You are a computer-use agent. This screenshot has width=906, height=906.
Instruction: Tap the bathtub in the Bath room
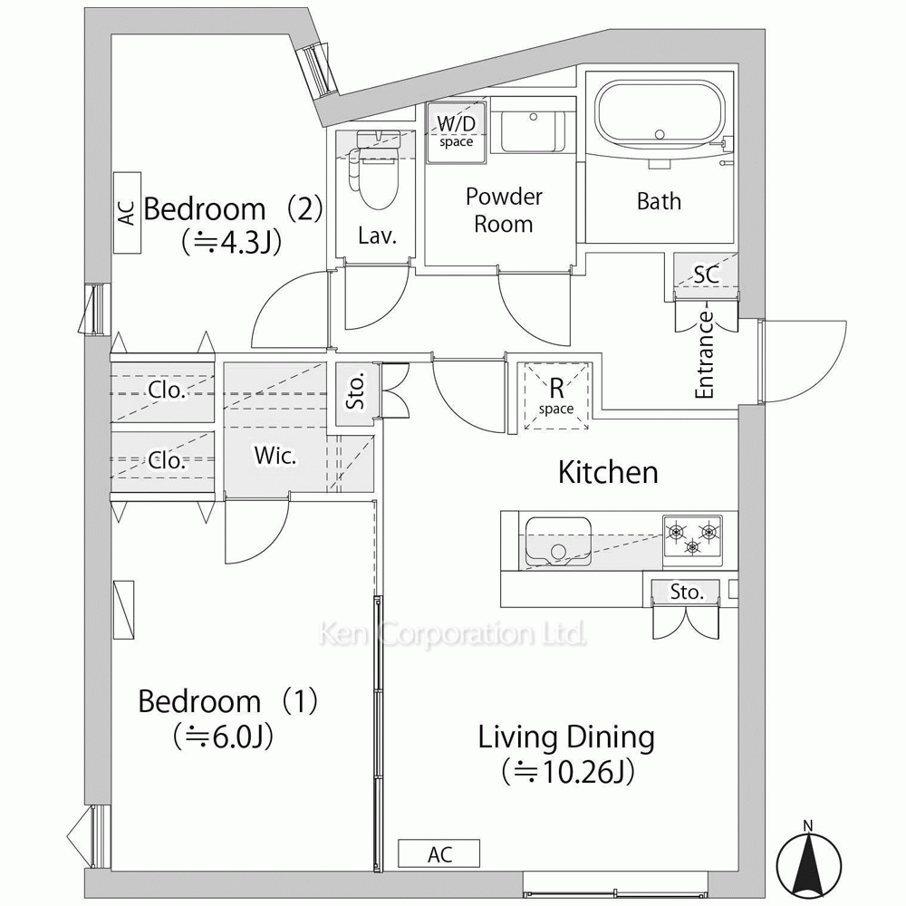tap(660, 119)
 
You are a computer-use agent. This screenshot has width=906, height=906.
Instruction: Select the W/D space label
tap(456, 130)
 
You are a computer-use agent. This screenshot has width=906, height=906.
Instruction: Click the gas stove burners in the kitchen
tap(692, 536)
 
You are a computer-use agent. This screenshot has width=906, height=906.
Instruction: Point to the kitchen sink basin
tap(557, 542)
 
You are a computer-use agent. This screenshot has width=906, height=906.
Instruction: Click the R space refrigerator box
tap(556, 396)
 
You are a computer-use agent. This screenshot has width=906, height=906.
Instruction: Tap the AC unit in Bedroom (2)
tap(127, 213)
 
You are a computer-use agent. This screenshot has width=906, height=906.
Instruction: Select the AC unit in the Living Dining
tap(439, 853)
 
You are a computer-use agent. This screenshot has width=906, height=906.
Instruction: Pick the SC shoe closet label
tap(706, 275)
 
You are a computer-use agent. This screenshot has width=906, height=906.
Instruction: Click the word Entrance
tap(704, 355)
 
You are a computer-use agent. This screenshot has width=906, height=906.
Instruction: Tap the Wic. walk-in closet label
tap(275, 456)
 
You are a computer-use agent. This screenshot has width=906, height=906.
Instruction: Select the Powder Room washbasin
tap(533, 131)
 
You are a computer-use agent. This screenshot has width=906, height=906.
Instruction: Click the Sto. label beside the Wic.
tap(355, 390)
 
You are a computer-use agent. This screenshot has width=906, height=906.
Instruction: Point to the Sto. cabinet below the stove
tap(687, 592)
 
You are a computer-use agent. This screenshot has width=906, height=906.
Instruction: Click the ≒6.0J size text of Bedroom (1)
tap(223, 737)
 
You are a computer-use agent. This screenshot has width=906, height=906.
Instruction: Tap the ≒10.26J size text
tap(567, 771)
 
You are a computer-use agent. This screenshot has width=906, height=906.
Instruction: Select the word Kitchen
tap(608, 472)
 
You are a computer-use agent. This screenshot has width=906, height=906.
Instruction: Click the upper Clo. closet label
tap(167, 390)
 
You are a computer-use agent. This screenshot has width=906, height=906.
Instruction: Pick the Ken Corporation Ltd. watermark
tap(452, 634)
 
